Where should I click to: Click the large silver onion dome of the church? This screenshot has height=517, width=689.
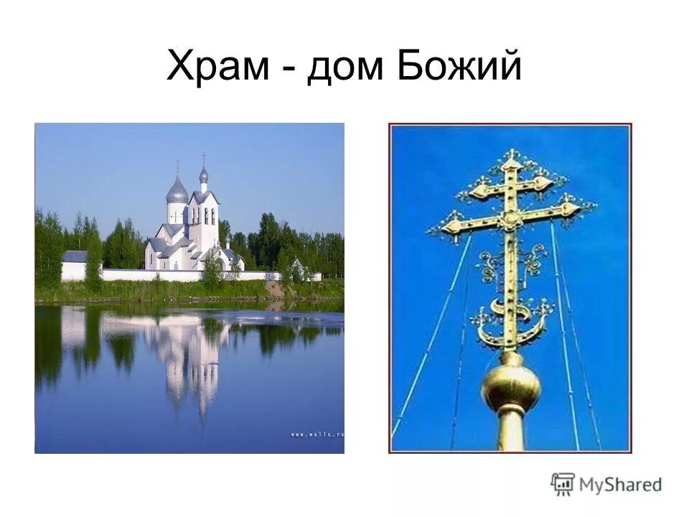pyautogui.click(x=177, y=192)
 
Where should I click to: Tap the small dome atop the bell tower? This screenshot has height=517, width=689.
pyautogui.click(x=204, y=175)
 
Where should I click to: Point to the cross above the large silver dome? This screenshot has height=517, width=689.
pyautogui.click(x=177, y=167)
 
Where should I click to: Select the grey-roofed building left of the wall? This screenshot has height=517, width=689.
pyautogui.click(x=75, y=256)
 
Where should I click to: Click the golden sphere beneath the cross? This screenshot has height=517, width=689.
pyautogui.click(x=511, y=386)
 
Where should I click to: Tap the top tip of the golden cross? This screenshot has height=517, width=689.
pyautogui.click(x=511, y=153)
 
